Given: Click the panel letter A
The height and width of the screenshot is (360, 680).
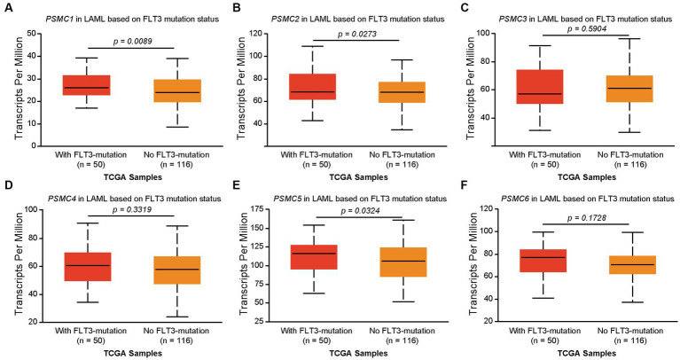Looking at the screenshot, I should (x=7, y=8).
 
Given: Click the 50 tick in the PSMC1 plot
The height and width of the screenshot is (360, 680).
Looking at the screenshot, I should (x=32, y=33).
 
